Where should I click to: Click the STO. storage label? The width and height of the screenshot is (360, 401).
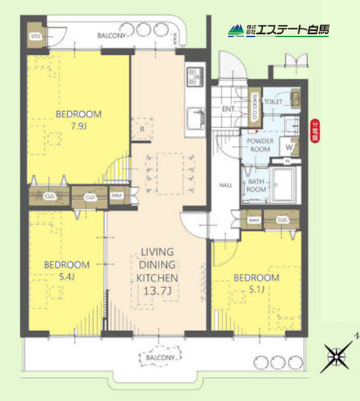(35, 36)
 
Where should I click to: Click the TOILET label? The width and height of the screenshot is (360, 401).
(274, 100)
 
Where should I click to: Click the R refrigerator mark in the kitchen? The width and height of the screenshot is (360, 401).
(141, 127)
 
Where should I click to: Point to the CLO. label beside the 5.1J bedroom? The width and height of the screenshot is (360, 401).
(283, 220)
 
